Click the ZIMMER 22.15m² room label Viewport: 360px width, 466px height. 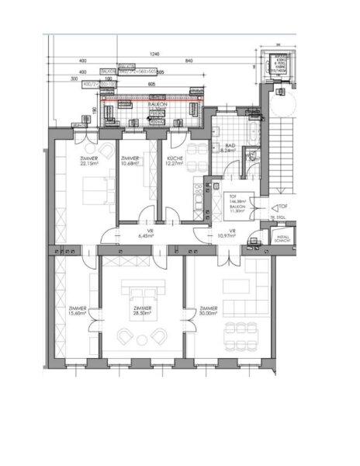coord(90,161)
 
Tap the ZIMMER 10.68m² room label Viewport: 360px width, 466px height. coord(130,161)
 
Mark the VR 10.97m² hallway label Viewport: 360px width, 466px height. coord(227,234)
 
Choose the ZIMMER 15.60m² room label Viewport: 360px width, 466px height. coord(78,311)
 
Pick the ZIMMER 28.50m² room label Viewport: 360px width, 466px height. coord(142,311)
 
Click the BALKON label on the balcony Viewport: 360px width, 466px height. coord(157,103)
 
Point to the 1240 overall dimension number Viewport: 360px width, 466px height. coord(154,54)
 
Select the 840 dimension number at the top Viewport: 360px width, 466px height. coord(189,61)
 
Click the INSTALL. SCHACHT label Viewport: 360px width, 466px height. coord(282,240)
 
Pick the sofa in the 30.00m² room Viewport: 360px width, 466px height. coord(237,287)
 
